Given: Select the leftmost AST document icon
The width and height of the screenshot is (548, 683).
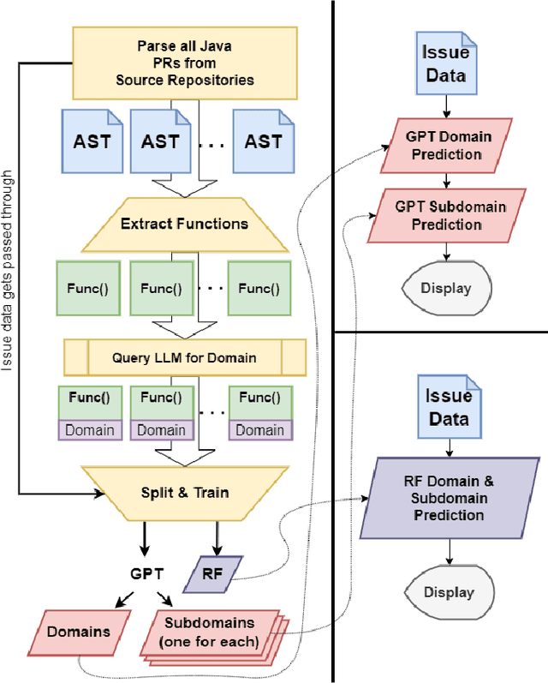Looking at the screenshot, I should (x=90, y=141).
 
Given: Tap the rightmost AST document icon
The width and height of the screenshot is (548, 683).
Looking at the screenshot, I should (x=263, y=141).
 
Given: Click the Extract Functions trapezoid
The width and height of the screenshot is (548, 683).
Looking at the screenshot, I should (x=185, y=224).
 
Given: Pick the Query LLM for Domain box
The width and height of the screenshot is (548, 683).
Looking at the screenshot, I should (x=185, y=357).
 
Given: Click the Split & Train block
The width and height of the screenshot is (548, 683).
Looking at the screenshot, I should (x=185, y=494).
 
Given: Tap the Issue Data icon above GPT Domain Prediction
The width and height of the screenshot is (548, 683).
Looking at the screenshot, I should (x=445, y=62).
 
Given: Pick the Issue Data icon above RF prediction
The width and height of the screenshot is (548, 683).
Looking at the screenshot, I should (x=449, y=407).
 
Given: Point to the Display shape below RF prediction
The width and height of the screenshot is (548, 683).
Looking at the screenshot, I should (x=449, y=592).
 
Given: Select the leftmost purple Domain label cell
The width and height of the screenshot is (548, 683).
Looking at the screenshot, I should (x=90, y=430).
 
